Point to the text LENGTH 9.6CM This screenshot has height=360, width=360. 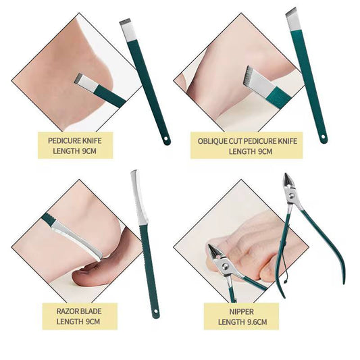point(242,322)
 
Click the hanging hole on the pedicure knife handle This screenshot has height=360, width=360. point(164,139)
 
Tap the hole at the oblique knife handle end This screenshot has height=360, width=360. point(324,138)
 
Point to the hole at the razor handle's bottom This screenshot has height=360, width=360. point(156,312)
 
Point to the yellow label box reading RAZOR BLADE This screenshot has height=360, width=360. point(80,315)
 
